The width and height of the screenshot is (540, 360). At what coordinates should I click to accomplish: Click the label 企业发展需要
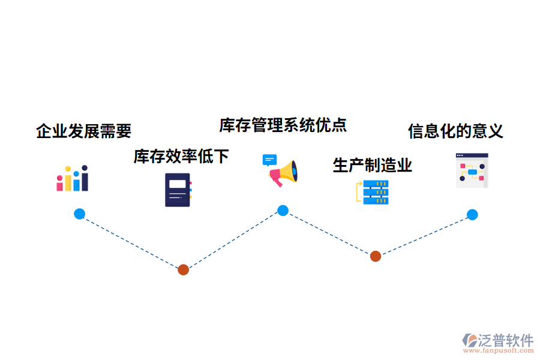[x=83, y=131]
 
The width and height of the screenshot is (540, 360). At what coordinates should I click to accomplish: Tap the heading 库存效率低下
[x=181, y=157]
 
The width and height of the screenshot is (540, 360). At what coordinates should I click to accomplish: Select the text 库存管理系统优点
[x=283, y=125]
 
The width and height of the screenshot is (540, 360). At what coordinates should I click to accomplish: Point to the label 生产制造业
[x=372, y=165]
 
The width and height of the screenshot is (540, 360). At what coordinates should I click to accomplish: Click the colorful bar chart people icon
[x=73, y=179]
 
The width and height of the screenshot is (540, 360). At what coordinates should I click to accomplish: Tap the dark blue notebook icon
[x=178, y=190]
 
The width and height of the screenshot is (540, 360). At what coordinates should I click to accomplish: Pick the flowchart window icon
[x=472, y=170]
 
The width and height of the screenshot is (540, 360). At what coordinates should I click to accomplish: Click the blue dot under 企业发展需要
[x=79, y=214]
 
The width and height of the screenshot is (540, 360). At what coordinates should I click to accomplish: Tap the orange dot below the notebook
[x=184, y=270]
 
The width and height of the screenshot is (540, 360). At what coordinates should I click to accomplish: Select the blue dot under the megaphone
[x=283, y=211]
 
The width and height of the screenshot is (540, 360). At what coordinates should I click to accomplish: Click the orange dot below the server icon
[x=375, y=256]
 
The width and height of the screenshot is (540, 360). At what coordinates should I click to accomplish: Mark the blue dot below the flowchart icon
[x=472, y=214]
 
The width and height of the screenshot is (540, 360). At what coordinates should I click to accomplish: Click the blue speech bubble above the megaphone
[x=269, y=160]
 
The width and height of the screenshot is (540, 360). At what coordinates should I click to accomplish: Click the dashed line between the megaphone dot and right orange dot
[x=329, y=233]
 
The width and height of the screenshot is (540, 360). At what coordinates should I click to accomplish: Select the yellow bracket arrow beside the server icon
[x=359, y=191]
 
